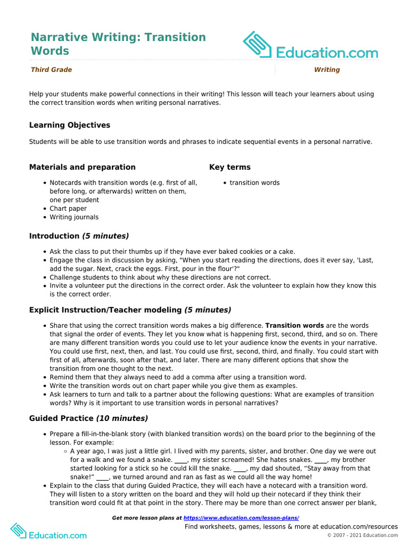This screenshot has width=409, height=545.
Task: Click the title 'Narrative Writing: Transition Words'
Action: coord(118,44)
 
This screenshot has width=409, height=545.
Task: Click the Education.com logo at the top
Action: coord(310,46)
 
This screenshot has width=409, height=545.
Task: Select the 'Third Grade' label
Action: coord(51,70)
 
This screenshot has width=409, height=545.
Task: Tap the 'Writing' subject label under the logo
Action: coord(327,70)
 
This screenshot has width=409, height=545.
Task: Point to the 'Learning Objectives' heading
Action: coord(70,125)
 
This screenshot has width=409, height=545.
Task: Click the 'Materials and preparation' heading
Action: coord(83,167)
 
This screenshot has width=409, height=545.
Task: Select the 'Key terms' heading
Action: coord(230,167)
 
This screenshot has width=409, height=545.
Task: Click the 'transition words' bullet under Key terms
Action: coord(255,183)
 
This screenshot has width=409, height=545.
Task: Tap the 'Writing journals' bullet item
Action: coord(74,217)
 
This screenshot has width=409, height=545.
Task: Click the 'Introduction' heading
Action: coord(54,236)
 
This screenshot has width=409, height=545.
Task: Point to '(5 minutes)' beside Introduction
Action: coord(105,236)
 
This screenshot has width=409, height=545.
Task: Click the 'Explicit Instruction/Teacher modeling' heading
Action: coord(105,310)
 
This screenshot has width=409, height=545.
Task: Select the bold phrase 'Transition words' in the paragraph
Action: coord(295,325)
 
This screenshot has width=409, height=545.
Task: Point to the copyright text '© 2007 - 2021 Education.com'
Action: coord(362,535)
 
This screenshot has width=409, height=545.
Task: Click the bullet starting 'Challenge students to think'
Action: coord(160,277)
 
